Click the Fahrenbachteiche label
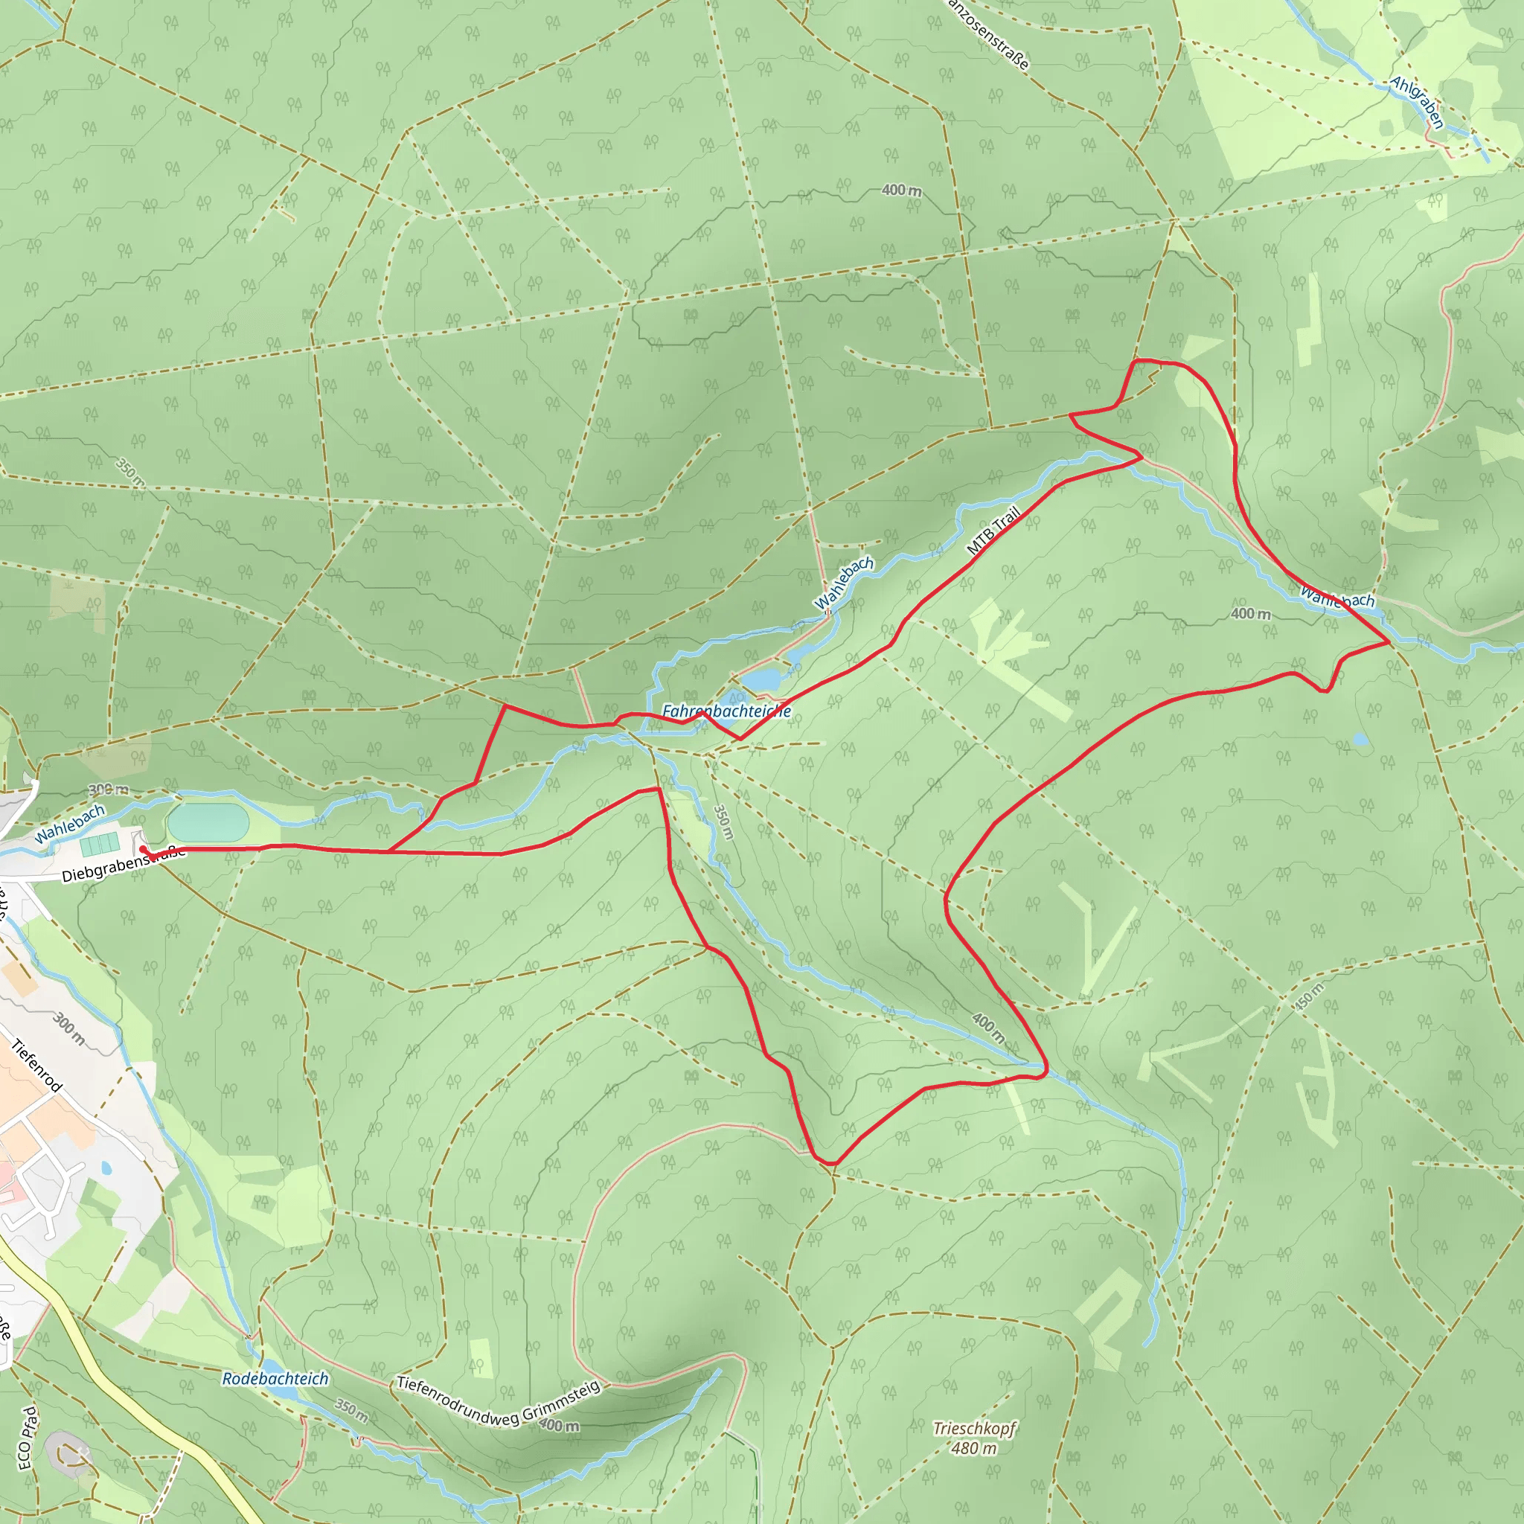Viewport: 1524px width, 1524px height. click(x=726, y=711)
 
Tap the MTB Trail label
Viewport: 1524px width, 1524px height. click(x=994, y=530)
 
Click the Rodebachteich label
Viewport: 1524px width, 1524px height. click(x=275, y=1378)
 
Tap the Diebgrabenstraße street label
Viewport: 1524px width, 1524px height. click(x=122, y=865)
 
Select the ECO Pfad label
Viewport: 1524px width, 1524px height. click(x=27, y=1437)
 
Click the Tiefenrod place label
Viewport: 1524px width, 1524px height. click(x=36, y=1066)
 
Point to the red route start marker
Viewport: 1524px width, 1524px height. click(x=143, y=849)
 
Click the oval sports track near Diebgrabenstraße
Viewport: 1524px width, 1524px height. click(x=208, y=822)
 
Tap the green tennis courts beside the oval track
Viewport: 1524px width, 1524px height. click(x=100, y=843)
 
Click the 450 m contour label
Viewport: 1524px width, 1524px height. click(x=1310, y=996)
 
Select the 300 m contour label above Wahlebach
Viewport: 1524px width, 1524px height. click(x=108, y=790)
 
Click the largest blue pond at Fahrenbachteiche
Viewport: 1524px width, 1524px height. click(x=761, y=679)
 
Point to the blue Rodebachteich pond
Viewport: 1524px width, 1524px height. click(x=279, y=1389)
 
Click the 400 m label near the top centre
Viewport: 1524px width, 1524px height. click(x=901, y=190)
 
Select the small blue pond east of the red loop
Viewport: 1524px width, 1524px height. click(x=1360, y=739)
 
